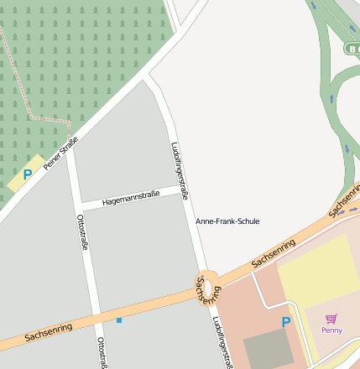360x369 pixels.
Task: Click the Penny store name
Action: pos(331,330)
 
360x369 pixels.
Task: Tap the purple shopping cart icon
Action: pos(331,319)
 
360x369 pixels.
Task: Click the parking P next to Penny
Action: pos(285,322)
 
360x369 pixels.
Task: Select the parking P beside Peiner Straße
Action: pos(27,174)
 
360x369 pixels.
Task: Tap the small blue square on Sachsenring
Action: pos(119,320)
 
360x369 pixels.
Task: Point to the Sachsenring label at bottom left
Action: pos(48,332)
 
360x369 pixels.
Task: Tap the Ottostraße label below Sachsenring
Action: pos(102,352)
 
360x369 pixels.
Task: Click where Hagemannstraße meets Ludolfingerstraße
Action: pos(185,192)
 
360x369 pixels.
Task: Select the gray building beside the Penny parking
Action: pos(269,348)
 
